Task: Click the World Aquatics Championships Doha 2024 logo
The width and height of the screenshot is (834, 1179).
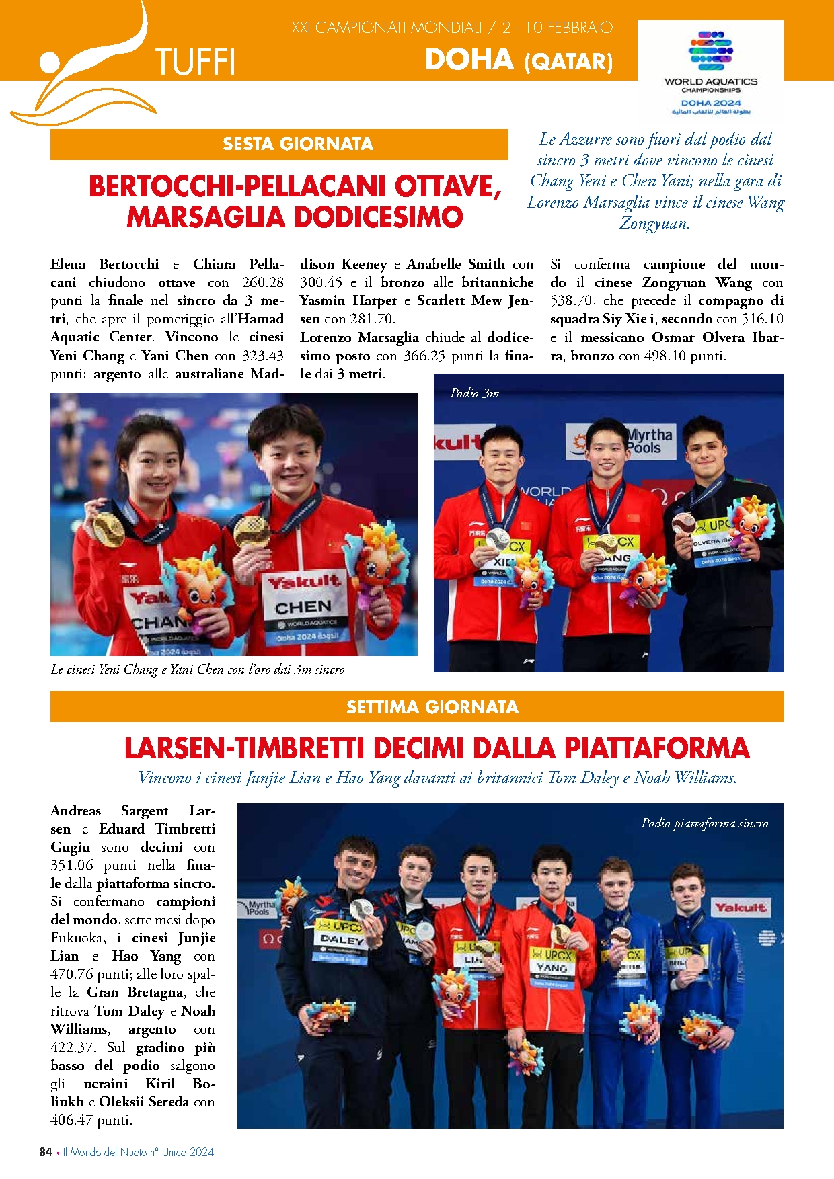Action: click(710, 71)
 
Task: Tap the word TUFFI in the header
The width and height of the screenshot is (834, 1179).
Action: click(195, 63)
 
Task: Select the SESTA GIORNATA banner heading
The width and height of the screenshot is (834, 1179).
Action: click(297, 144)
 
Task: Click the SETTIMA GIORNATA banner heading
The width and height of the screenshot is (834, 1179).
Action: click(432, 707)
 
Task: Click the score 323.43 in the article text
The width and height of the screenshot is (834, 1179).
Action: click(261, 356)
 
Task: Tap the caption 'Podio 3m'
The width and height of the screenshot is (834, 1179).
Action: click(475, 393)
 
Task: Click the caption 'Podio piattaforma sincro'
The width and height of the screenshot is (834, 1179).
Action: click(704, 823)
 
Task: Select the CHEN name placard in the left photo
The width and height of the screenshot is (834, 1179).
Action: click(303, 608)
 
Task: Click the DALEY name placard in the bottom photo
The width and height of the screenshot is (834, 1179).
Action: click(342, 940)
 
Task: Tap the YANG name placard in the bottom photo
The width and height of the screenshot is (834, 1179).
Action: click(552, 967)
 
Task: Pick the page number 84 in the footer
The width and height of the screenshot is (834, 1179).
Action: click(46, 1152)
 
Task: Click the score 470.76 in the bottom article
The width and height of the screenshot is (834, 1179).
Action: click(73, 974)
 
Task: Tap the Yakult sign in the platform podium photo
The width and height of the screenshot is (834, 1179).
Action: click(741, 907)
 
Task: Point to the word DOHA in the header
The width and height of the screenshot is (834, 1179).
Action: click(469, 60)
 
